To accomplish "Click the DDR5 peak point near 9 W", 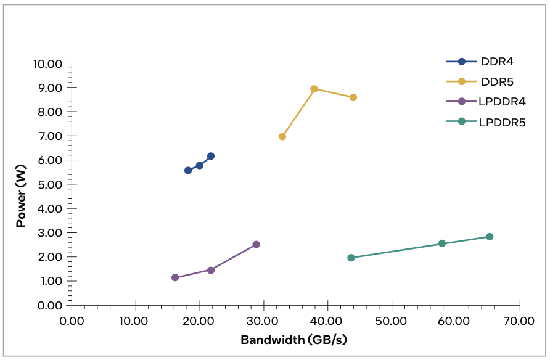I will pyautogui.click(x=314, y=89).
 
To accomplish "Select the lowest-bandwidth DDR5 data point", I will pyautogui.click(x=282, y=136).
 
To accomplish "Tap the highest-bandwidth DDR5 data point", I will pyautogui.click(x=353, y=97).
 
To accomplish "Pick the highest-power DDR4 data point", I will pyautogui.click(x=211, y=156).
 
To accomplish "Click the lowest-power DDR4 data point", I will pyautogui.click(x=188, y=170).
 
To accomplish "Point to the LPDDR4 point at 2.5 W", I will pyautogui.click(x=256, y=245).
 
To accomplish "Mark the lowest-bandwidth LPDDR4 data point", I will pyautogui.click(x=175, y=277).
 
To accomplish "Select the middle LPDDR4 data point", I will pyautogui.click(x=211, y=270).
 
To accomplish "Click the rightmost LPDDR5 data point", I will pyautogui.click(x=490, y=237).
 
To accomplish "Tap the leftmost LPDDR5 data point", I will pyautogui.click(x=351, y=258).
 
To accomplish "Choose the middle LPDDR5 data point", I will pyautogui.click(x=442, y=243).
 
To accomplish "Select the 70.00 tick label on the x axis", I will pyautogui.click(x=519, y=321).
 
